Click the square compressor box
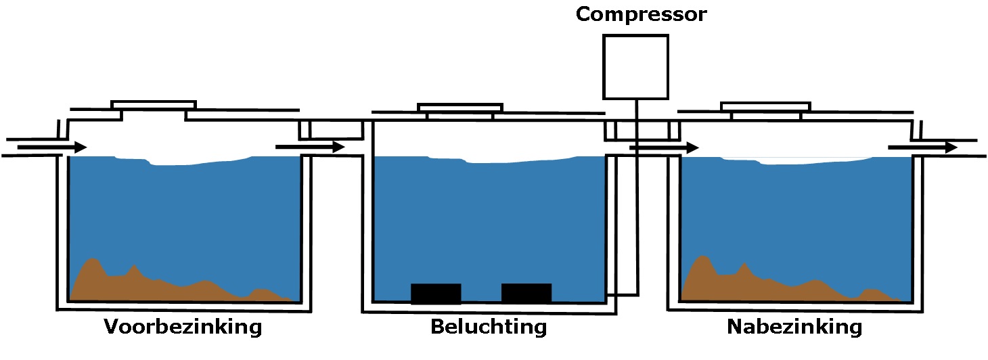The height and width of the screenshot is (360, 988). tap(635, 67)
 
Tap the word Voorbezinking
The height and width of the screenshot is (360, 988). tap(183, 328)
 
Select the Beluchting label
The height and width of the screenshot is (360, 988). tap(489, 328)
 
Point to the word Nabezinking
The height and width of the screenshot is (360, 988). tap(794, 328)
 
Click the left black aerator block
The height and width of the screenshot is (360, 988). tap(436, 294)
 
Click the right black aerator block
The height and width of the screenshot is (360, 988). tap(526, 294)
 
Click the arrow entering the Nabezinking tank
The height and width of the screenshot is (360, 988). tap(664, 147)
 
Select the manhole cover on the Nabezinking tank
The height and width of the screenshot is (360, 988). tap(765, 106)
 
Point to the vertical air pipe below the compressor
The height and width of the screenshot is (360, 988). tap(637, 203)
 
